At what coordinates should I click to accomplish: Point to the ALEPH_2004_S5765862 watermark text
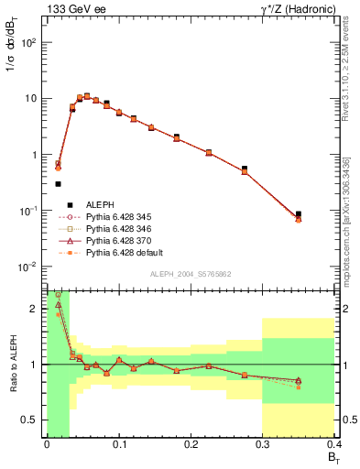[193, 275]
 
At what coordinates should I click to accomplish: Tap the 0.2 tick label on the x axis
[191, 446]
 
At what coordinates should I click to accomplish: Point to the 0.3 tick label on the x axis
[263, 446]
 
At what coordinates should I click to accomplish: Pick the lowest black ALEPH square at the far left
[58, 184]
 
